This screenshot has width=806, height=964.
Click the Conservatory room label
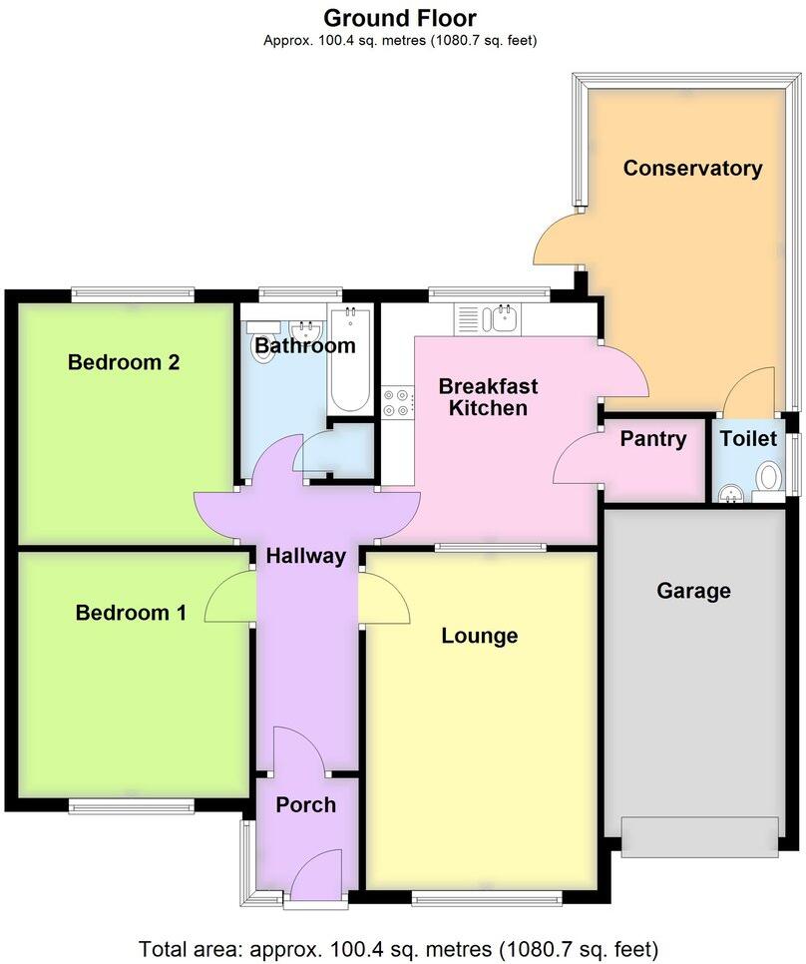(x=692, y=169)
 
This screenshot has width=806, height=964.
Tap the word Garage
(x=693, y=591)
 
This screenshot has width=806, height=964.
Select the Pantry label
(x=653, y=439)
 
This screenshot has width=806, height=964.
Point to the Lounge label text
(x=480, y=636)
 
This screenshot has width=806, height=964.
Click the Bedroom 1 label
(x=131, y=613)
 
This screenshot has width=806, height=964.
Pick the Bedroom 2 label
(x=123, y=361)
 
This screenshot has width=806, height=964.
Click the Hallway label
(x=305, y=556)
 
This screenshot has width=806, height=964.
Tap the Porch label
(x=305, y=805)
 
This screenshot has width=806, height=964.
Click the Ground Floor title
(x=400, y=18)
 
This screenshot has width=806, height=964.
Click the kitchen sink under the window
(x=497, y=319)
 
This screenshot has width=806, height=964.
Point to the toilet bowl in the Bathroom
(x=262, y=348)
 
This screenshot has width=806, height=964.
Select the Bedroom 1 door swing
(x=230, y=600)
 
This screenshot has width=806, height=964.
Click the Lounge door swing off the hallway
(x=385, y=600)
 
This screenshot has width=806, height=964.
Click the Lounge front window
(x=486, y=898)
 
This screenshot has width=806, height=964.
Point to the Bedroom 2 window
(x=132, y=294)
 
